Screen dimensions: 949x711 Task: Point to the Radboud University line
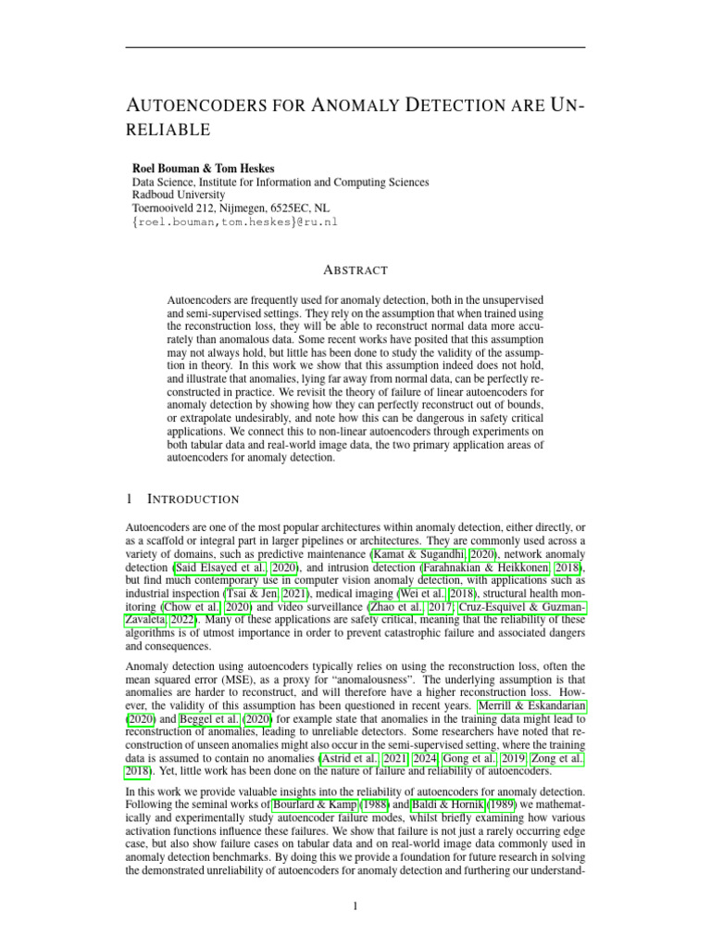[x=180, y=196]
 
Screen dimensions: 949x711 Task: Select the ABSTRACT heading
[x=355, y=271]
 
